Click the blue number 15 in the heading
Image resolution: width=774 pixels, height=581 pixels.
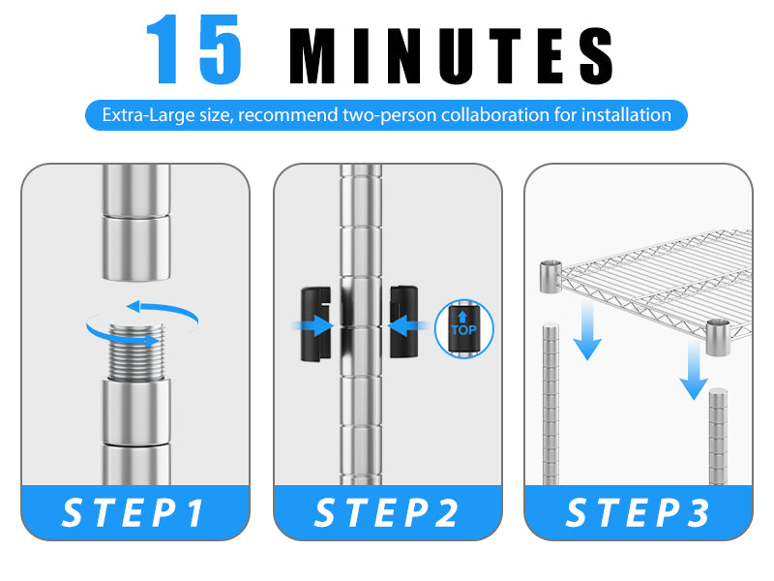pos(194,49)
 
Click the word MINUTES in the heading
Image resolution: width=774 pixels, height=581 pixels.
pos(451,56)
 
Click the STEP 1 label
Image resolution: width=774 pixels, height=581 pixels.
pos(134,513)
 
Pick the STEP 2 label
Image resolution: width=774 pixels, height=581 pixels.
pos(386,513)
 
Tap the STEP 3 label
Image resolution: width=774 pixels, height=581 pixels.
pos(638,513)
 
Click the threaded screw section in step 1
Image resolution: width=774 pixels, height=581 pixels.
pos(135,352)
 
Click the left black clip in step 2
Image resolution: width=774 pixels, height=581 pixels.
pos(316,323)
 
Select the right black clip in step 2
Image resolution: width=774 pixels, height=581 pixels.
pos(404,321)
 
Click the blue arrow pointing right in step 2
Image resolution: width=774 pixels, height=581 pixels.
pos(313,326)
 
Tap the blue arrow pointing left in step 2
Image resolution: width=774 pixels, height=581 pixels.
pos(408,326)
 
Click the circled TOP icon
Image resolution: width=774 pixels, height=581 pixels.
pos(464,328)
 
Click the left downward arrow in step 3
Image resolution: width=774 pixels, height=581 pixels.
pos(587,330)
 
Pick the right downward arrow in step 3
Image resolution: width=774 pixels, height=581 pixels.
pos(694,370)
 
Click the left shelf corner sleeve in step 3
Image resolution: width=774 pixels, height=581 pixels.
pos(551,277)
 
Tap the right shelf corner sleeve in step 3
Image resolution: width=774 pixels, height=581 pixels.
pos(718,337)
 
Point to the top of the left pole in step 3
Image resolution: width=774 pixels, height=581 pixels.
pos(551,325)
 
